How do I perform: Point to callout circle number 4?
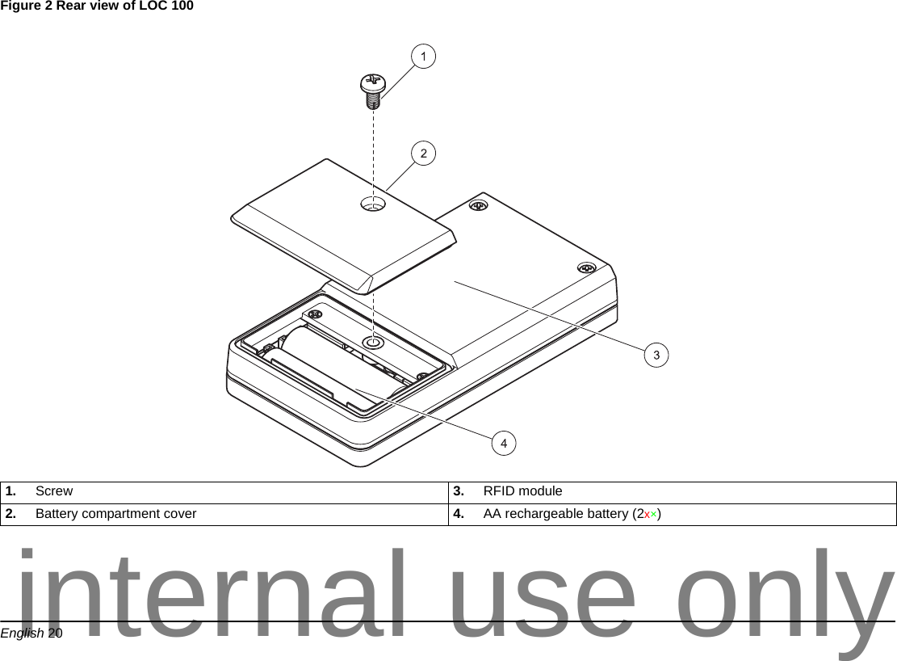[504, 443]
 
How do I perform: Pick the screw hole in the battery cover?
[373, 204]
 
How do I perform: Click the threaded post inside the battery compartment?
[372, 343]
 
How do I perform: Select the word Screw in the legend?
[54, 491]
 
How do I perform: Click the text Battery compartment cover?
[115, 514]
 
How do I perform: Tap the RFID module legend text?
[522, 491]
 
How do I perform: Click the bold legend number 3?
[458, 491]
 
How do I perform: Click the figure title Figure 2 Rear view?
[97, 7]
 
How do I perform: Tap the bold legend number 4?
[458, 514]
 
